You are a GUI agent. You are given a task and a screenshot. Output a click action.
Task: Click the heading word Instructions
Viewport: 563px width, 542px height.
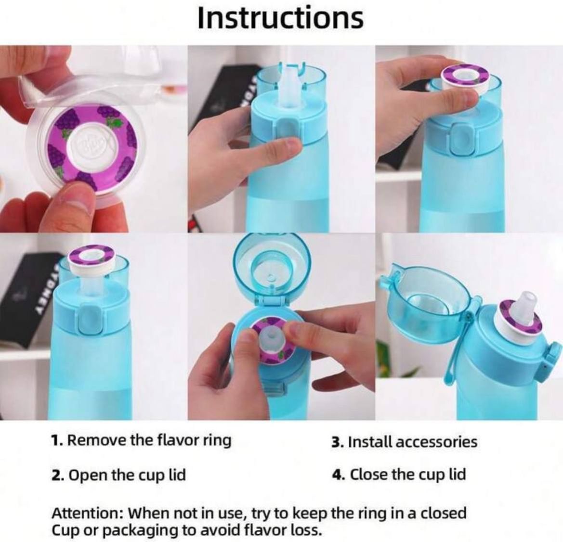point(280,18)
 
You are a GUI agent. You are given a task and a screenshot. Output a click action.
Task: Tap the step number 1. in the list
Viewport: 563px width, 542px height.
point(57,440)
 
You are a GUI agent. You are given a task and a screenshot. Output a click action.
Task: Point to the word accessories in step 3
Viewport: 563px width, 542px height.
point(436,441)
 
